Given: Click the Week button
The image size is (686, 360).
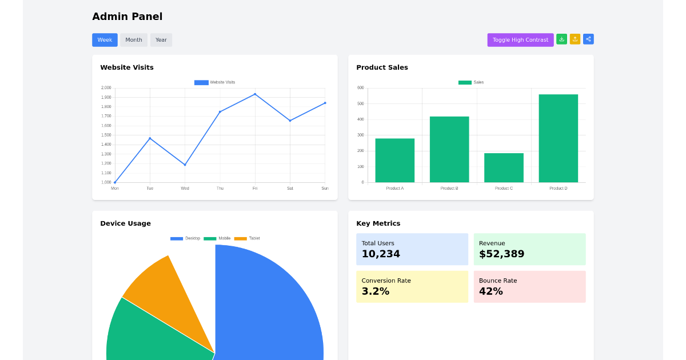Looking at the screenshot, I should coord(105,40).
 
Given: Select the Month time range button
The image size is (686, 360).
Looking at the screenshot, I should coord(134,40).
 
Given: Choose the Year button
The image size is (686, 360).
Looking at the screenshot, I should coord(161,40).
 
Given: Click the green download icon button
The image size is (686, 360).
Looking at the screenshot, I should coord(561,39).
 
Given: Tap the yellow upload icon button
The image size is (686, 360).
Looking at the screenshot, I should coord(575,39).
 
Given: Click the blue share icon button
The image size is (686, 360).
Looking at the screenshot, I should coord(588,39).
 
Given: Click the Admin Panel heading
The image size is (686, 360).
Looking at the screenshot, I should coord(127,17).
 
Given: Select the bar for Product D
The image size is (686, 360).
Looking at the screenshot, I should coord(558,138).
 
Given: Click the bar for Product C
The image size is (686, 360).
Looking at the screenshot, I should coord(504,167).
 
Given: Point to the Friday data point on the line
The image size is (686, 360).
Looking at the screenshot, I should coord(255,94).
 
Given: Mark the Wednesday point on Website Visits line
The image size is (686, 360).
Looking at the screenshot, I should coord(185,165).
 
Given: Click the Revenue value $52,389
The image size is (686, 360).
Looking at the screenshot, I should coord(501,254).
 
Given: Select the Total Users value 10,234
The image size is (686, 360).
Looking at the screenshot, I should coord(381,254).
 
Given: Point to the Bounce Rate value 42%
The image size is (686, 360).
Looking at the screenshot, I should coord(490,291).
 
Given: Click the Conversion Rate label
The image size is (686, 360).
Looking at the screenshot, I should coord(386,281).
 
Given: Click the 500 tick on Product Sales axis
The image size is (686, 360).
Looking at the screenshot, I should coord(360,103).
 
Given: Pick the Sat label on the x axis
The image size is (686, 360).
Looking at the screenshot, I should coord(290,188).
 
